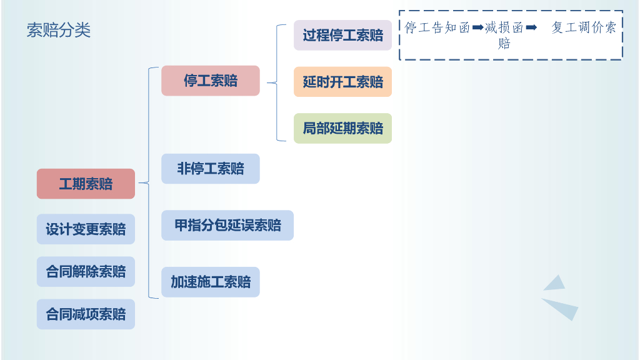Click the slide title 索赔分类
pyautogui.click(x=59, y=30)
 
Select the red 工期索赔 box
pyautogui.click(x=86, y=184)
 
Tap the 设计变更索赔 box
pyautogui.click(x=86, y=229)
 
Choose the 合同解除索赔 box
pyautogui.click(x=86, y=272)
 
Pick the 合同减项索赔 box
pyautogui.click(x=86, y=314)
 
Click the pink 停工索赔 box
pyautogui.click(x=210, y=81)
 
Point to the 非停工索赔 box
pyautogui.click(x=210, y=169)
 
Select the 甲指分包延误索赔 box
pyautogui.click(x=227, y=226)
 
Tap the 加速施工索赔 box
pyautogui.click(x=210, y=282)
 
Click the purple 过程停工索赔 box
pyautogui.click(x=342, y=36)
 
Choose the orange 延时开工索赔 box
pyautogui.click(x=342, y=82)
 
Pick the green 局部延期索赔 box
pyautogui.click(x=342, y=129)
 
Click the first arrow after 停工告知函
pyautogui.click(x=478, y=27)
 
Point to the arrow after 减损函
pyautogui.click(x=531, y=27)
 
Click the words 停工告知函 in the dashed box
pyautogui.click(x=437, y=27)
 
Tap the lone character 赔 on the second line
pyautogui.click(x=504, y=43)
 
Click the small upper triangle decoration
pyautogui.click(x=554, y=284)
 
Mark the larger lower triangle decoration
pyautogui.click(x=562, y=307)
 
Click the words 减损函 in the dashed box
pyautogui.click(x=504, y=27)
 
